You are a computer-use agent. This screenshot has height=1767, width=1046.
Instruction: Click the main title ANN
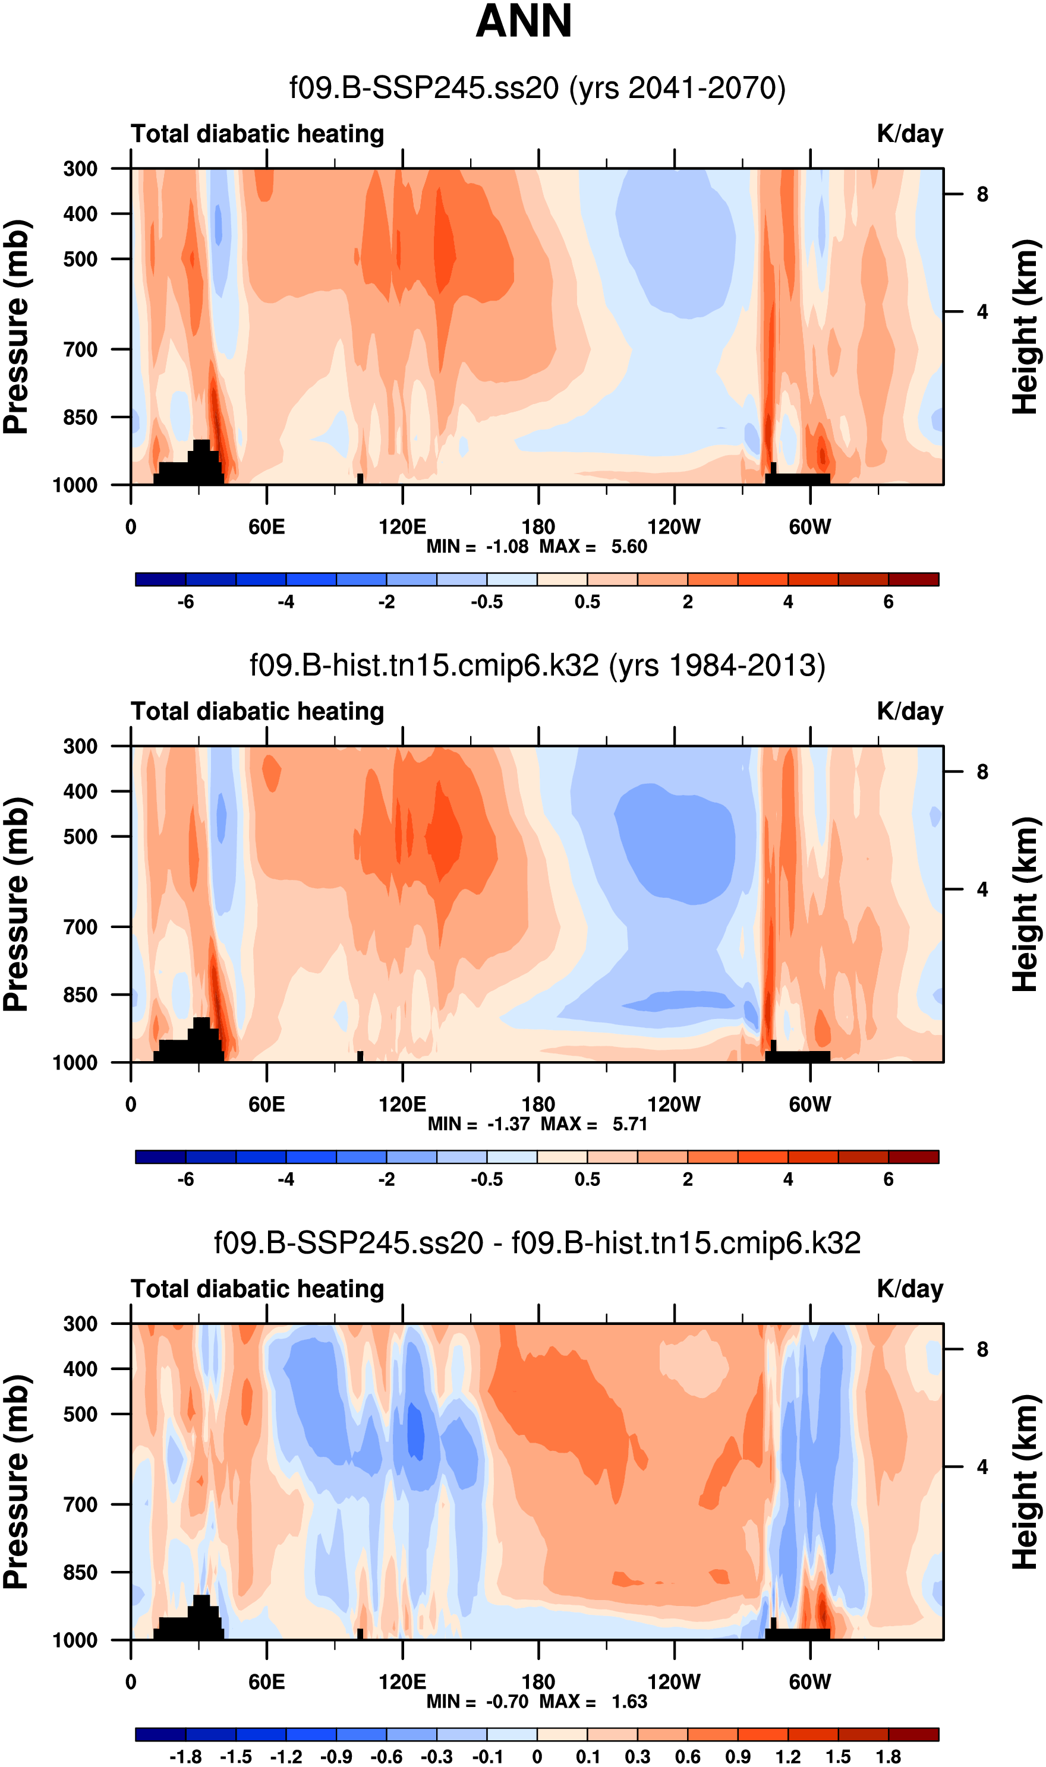tap(523, 21)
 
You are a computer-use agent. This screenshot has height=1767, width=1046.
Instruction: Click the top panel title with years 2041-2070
tap(537, 89)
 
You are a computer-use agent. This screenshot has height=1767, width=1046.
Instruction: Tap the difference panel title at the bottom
tap(537, 1243)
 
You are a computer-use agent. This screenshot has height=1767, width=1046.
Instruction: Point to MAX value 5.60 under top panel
tap(628, 547)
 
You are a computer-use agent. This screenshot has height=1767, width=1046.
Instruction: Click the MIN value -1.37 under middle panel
tap(508, 1124)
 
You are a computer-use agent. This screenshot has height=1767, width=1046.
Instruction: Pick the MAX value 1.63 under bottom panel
tap(628, 1702)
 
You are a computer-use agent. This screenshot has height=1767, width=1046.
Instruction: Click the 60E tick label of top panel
tap(266, 527)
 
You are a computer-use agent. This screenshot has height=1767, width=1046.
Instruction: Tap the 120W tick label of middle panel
tap(674, 1104)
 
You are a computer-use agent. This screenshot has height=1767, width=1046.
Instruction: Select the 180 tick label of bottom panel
tap(538, 1682)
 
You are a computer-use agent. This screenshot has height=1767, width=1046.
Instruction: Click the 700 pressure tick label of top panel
tap(80, 349)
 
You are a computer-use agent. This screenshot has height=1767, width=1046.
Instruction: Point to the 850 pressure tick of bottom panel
tap(80, 1572)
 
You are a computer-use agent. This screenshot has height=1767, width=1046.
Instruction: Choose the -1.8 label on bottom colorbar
tap(185, 1757)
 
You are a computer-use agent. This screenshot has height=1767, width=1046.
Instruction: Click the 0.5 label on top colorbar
tap(587, 602)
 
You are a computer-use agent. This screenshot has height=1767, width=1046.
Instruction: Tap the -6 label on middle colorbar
tap(185, 1179)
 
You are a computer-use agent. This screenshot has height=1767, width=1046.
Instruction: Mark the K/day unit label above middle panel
tap(909, 712)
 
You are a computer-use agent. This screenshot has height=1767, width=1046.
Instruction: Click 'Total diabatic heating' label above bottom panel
tap(257, 1289)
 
